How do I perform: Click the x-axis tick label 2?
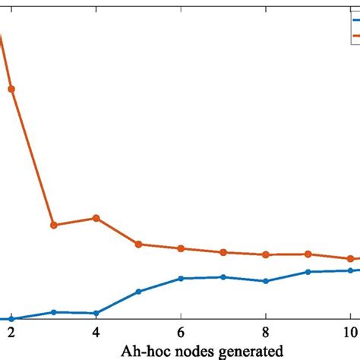[11, 332]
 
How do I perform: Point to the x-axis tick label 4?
[96, 332]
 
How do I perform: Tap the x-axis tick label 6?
[181, 332]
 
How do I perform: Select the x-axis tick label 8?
[265, 332]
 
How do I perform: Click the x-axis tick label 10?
[347, 332]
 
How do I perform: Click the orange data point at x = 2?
[11, 89]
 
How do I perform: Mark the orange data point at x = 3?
[53, 225]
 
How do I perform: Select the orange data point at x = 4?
[96, 218]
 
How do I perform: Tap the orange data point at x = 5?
[138, 244]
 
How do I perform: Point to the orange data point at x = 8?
[265, 254]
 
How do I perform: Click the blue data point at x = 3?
[53, 312]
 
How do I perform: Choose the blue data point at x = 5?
[138, 292]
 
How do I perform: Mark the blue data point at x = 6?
[181, 278]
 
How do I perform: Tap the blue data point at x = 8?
[265, 281]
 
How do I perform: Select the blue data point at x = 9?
[308, 271]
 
